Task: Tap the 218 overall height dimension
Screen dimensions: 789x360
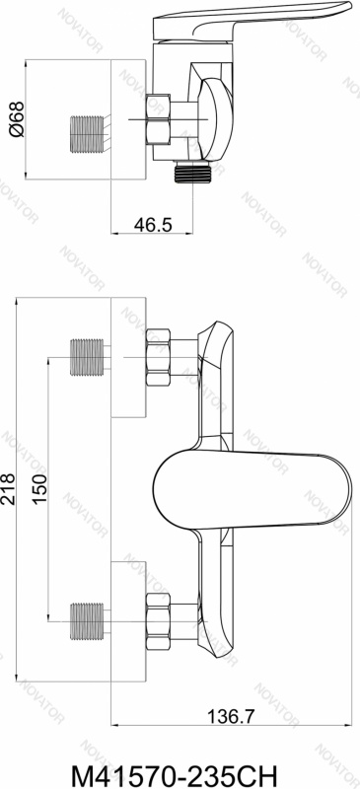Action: tap(10, 487)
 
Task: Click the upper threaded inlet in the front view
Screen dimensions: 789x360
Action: tap(87, 359)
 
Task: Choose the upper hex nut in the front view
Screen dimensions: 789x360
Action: tap(160, 359)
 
